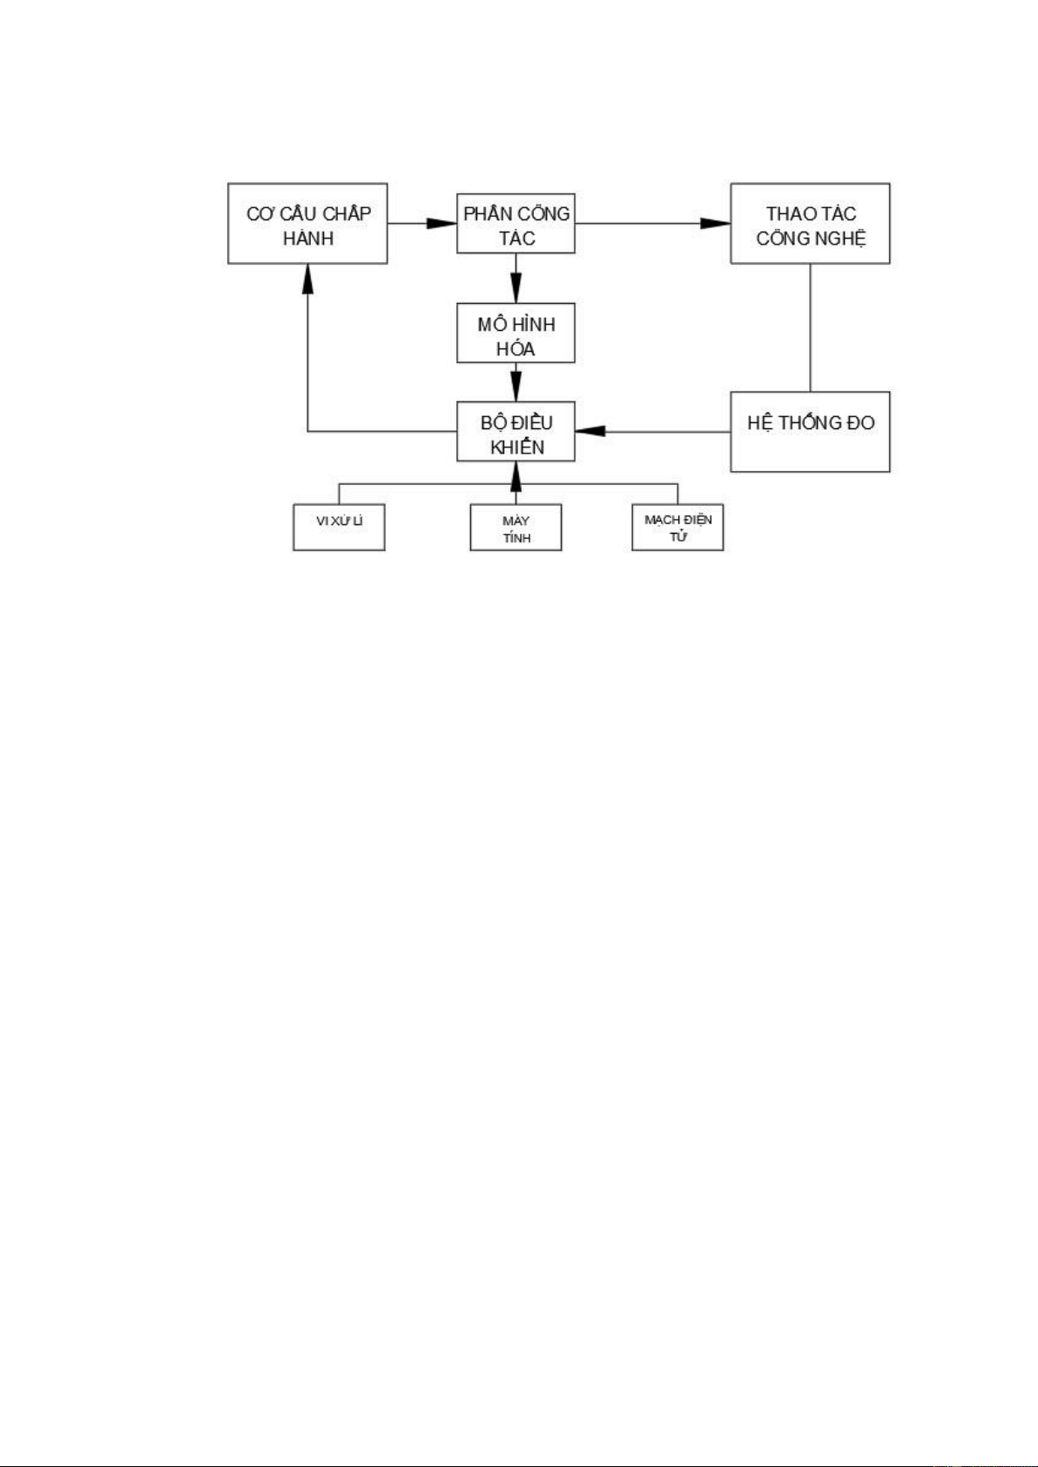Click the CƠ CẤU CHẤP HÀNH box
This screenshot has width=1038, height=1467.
(x=307, y=224)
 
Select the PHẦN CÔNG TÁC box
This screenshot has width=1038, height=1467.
(x=516, y=224)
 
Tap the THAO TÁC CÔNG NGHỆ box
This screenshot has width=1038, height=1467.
(x=810, y=224)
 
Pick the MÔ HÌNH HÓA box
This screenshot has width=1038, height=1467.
(x=516, y=333)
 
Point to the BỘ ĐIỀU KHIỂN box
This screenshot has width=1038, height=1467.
(x=516, y=431)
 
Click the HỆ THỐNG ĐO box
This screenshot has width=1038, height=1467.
(x=810, y=432)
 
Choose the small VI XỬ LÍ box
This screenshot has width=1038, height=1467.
(x=339, y=528)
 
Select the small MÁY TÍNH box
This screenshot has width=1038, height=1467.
(x=516, y=528)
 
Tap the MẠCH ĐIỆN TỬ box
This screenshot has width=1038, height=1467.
(x=677, y=528)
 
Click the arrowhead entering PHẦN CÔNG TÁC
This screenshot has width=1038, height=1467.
(x=442, y=224)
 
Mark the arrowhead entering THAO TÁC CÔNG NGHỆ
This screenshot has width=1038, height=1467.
(x=715, y=224)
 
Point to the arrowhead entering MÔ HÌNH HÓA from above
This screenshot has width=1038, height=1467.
(x=516, y=288)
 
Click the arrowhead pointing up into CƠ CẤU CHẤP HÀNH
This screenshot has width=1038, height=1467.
(x=307, y=279)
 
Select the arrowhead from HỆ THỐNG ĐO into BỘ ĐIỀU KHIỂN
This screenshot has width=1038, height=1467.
(x=590, y=431)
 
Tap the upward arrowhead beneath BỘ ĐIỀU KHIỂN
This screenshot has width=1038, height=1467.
(x=516, y=476)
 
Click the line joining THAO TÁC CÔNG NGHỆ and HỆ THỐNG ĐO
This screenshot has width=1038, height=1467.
(x=811, y=327)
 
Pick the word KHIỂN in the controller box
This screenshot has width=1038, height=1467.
(x=517, y=448)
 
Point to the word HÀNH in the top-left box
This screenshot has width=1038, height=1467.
(x=308, y=238)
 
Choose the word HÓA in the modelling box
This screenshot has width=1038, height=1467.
(x=516, y=348)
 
